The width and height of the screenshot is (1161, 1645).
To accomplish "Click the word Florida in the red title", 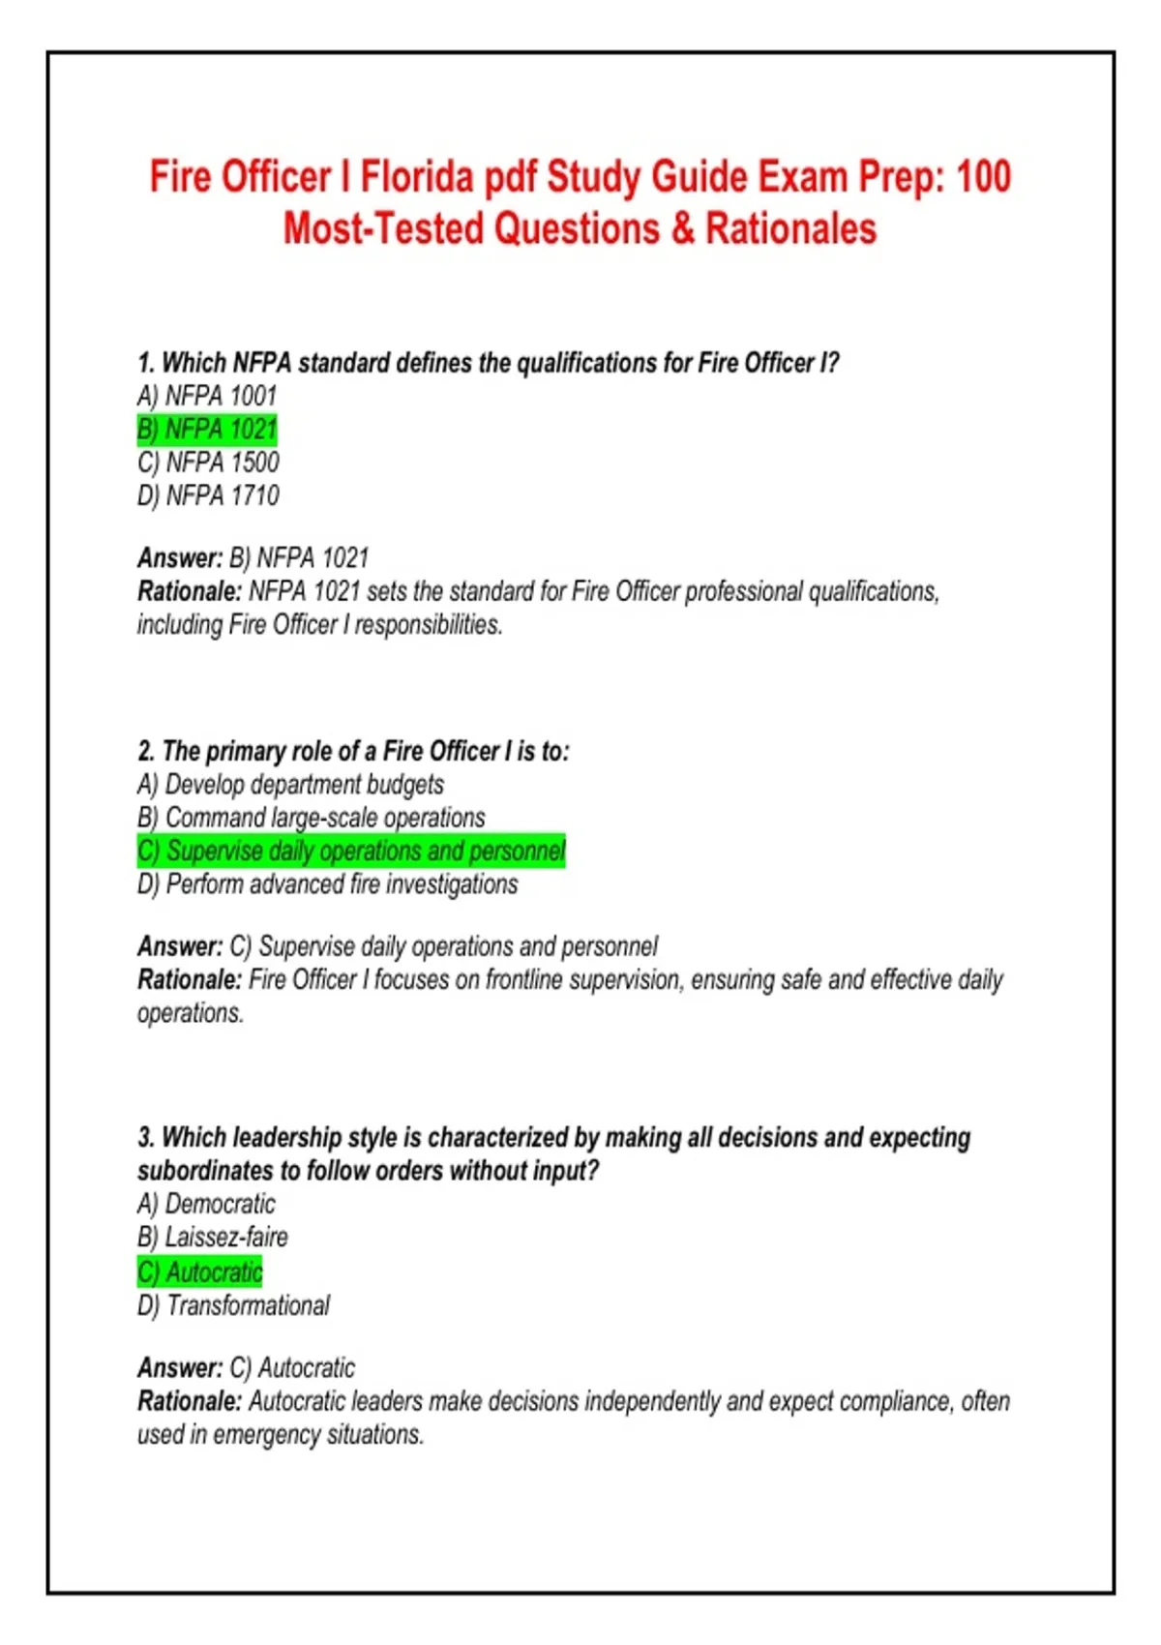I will tap(417, 177).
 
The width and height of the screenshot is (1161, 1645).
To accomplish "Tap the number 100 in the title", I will tap(983, 177).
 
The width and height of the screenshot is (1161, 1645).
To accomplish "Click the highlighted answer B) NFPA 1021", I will tap(207, 429).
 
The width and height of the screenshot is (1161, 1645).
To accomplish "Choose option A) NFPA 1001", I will tap(207, 396).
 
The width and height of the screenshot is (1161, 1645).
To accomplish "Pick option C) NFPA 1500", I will tap(208, 463).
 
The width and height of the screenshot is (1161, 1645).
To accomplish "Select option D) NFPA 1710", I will tap(208, 495).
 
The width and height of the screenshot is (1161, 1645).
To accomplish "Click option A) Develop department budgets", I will tap(290, 784).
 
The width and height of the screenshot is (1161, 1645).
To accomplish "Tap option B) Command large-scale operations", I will tap(311, 818).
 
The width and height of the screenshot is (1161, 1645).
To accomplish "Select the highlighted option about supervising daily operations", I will tap(351, 852).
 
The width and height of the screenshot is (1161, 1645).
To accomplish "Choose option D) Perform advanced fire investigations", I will tap(327, 884).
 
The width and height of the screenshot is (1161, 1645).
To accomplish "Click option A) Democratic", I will tap(206, 1204).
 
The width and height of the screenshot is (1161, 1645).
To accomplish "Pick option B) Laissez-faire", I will tap(213, 1238).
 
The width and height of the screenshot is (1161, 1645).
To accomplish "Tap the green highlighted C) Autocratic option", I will tap(200, 1271).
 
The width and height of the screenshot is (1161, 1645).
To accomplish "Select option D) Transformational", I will tap(233, 1305).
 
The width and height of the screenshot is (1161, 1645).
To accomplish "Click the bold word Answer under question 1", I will tap(180, 558).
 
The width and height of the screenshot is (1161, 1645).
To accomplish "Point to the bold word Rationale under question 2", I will tap(189, 980).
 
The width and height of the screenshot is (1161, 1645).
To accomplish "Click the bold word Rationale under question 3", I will tap(189, 1401).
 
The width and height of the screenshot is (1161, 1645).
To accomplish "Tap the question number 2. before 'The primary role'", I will tap(146, 752).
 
